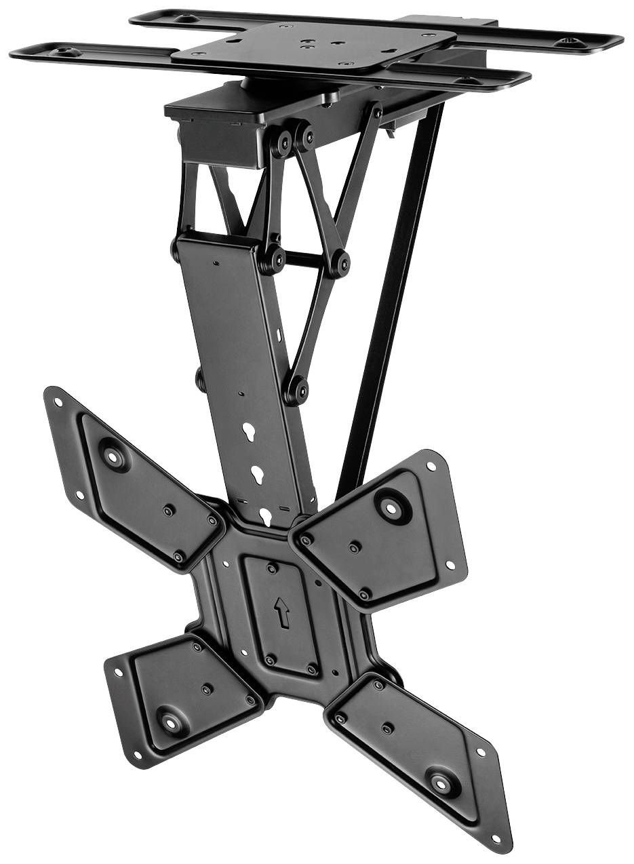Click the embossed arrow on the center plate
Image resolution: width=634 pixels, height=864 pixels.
(x=281, y=613)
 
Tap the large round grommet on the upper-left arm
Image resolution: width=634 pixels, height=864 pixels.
(x=113, y=455)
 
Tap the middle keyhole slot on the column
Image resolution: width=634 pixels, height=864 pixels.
(x=258, y=473)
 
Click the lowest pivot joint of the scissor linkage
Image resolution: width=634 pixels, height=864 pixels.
(x=295, y=391)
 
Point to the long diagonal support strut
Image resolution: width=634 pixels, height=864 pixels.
(x=392, y=298)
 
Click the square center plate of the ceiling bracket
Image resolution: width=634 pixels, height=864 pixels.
(x=313, y=46)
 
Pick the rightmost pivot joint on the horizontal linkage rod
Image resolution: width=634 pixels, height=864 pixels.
(x=342, y=262)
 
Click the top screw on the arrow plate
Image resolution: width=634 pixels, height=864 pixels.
(x=272, y=568)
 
